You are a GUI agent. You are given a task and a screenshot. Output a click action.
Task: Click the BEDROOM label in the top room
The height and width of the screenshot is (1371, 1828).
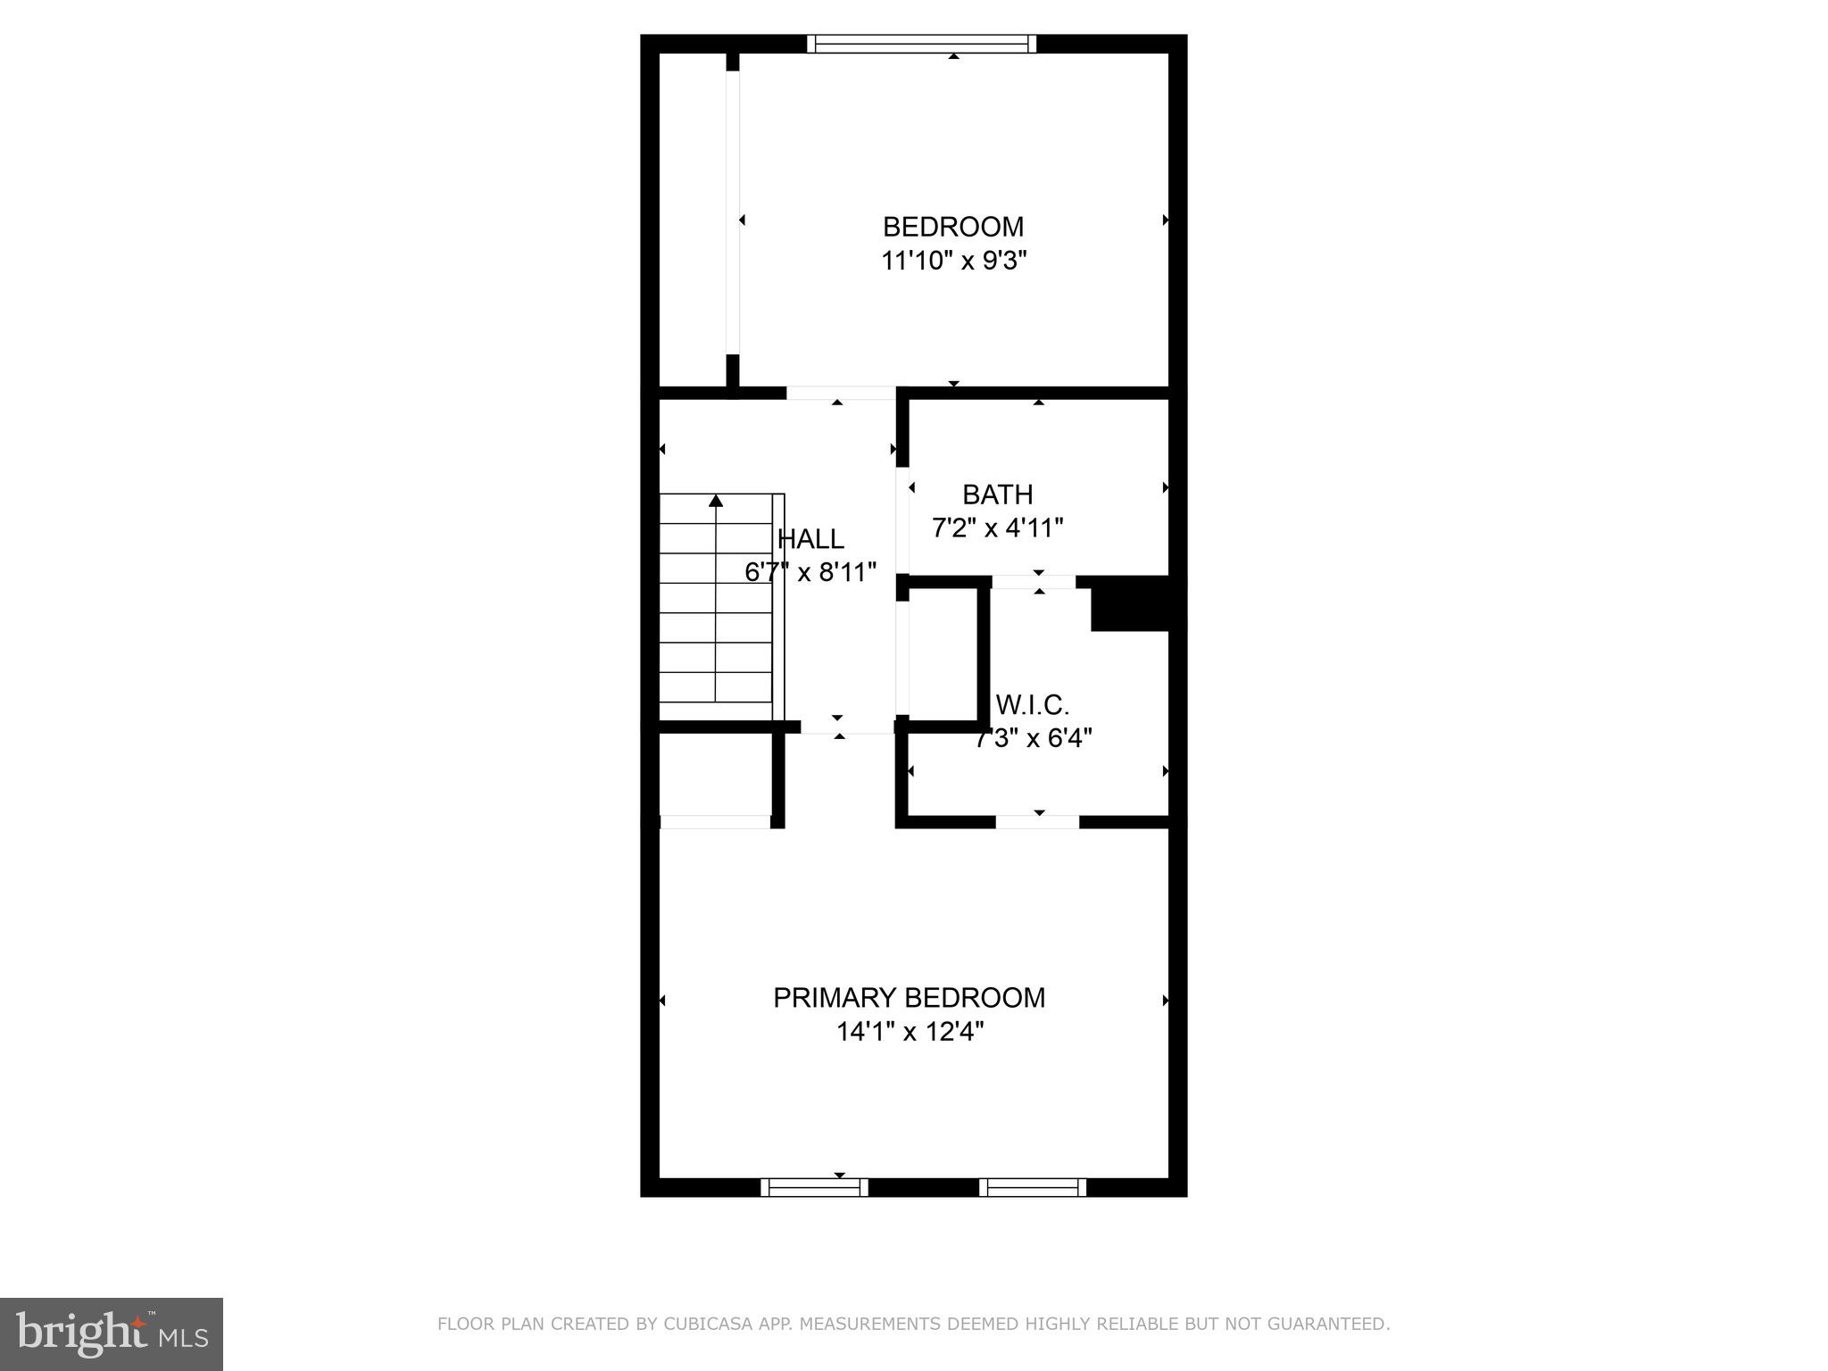coord(953,227)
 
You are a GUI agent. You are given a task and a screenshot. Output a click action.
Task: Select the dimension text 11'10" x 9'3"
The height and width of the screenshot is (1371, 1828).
coord(953,262)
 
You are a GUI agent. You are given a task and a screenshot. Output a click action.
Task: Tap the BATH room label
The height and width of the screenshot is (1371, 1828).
coord(997,494)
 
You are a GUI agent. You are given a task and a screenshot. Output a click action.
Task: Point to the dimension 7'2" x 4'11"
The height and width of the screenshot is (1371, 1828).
coord(997,528)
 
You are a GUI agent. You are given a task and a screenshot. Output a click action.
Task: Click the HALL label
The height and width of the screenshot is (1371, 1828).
coord(810,539)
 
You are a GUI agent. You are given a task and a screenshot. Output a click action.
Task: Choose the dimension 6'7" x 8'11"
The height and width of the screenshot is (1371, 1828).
coord(810,573)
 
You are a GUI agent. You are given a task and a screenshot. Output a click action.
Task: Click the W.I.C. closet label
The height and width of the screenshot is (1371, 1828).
coord(1032,705)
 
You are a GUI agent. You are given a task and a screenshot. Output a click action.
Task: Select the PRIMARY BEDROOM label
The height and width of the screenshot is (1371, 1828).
coord(909,998)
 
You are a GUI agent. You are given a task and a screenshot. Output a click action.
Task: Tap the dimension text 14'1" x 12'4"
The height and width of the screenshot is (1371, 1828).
coord(909,1032)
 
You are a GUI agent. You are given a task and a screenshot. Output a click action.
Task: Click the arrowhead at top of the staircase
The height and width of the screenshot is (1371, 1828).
coord(716,501)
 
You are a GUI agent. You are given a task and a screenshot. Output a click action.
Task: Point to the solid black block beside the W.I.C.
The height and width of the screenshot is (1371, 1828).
coord(1130,604)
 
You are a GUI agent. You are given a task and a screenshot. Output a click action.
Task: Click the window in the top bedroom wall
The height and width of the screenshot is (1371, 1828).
coord(922,44)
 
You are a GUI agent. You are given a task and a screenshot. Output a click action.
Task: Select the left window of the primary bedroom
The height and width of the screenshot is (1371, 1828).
coord(814,1187)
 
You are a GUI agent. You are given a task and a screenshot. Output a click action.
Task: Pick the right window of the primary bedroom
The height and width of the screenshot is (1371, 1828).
coord(1033,1187)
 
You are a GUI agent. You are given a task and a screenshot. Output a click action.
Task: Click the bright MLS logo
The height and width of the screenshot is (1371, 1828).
coord(111,1334)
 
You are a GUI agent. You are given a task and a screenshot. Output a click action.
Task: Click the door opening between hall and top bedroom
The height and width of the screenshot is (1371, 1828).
coord(840,393)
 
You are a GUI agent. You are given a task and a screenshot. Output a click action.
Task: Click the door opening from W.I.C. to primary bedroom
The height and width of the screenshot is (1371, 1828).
coord(1037,822)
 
